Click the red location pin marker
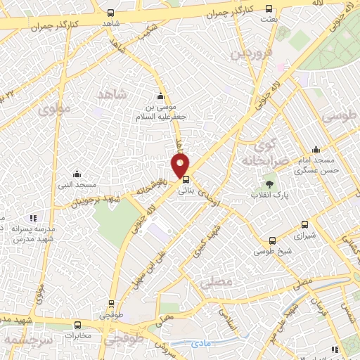(x=181, y=165)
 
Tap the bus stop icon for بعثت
(x=269, y=9)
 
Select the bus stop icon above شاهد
(x=110, y=13)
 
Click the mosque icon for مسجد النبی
(x=77, y=174)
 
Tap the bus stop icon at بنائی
(x=186, y=179)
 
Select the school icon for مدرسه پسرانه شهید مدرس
(x=33, y=218)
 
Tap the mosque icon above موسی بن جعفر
(x=161, y=97)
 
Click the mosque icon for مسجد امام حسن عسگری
(x=316, y=149)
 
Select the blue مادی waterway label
(x=202, y=344)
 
